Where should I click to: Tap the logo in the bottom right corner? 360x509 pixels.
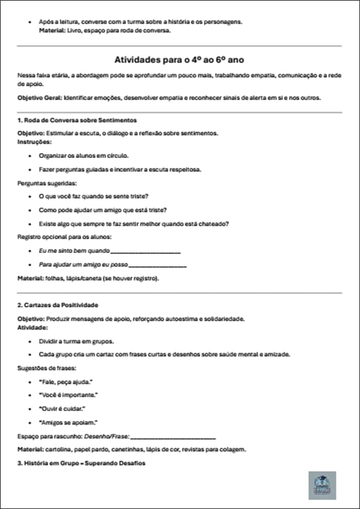[322, 485]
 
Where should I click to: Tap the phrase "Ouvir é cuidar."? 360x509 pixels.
[64, 409]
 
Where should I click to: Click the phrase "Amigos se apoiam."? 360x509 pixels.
[68, 422]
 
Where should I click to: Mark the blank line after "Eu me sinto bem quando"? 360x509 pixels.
[145, 251]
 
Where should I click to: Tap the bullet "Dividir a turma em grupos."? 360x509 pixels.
[77, 341]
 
